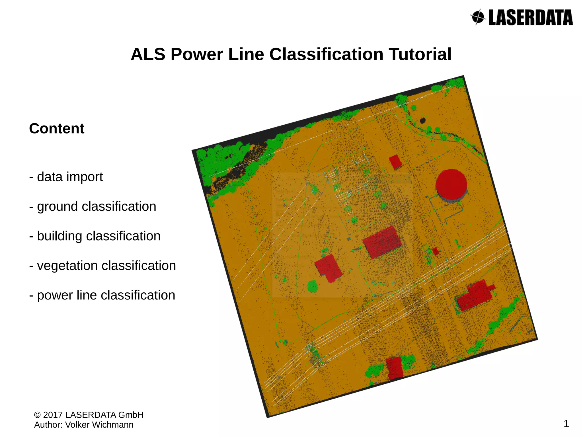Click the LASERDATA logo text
pyautogui.click(x=530, y=18)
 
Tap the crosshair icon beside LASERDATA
pyautogui.click(x=479, y=17)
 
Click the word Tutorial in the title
pyautogui.click(x=420, y=54)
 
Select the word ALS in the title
pyautogui.click(x=148, y=54)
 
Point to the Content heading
pyautogui.click(x=57, y=128)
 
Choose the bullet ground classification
pyautogui.click(x=93, y=206)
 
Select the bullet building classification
pyautogui.click(x=95, y=236)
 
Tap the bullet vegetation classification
pyautogui.click(x=102, y=266)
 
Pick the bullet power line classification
pyautogui.click(x=102, y=295)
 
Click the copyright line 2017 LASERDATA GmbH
pyautogui.click(x=89, y=415)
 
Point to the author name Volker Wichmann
pyautogui.click(x=99, y=425)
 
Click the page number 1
pyautogui.click(x=566, y=424)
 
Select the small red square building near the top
pyautogui.click(x=395, y=162)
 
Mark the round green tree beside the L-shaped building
pyautogui.click(x=313, y=286)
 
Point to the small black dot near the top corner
pyautogui.click(x=423, y=121)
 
